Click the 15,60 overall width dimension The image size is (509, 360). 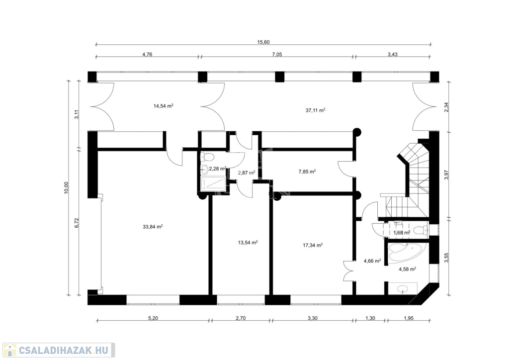point(263,42)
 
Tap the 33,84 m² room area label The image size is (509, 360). point(153,227)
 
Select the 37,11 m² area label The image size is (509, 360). point(315,110)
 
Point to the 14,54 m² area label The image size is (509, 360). point(163,105)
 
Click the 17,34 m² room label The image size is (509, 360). point(313,245)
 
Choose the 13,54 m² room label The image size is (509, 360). point(248,242)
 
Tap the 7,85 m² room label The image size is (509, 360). point(307,172)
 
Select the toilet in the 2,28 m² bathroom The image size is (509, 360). point(208,158)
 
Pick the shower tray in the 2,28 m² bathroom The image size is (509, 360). point(213,184)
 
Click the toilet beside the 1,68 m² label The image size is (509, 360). point(421,230)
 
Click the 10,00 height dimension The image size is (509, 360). point(66,188)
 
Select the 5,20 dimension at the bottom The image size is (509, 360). point(153,318)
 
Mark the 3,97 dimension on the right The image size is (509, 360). point(446,175)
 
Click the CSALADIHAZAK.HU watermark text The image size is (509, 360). point(64,350)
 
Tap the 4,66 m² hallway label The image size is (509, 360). point(372,261)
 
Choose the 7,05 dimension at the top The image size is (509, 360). point(277,54)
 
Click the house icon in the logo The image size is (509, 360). point(10,350)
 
